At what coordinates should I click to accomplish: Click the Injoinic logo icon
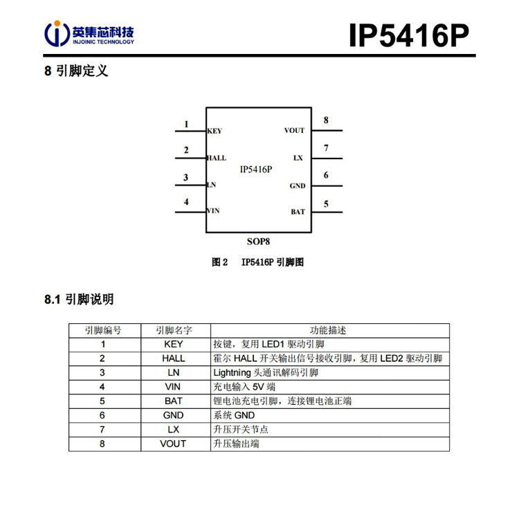pyautogui.click(x=57, y=33)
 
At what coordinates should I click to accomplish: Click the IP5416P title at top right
pyautogui.click(x=409, y=35)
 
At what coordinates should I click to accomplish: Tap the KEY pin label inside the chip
pyautogui.click(x=215, y=131)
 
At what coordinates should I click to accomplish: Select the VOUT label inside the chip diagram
pyautogui.click(x=294, y=130)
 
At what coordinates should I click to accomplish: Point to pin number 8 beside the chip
pyautogui.click(x=326, y=120)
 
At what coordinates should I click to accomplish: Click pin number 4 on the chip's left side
pyautogui.click(x=186, y=201)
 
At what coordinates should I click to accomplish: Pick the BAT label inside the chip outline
pyautogui.click(x=298, y=212)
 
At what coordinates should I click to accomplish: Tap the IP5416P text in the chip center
pyautogui.click(x=256, y=170)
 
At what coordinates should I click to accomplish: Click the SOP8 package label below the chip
pyautogui.click(x=259, y=242)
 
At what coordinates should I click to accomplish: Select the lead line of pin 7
pyautogui.click(x=327, y=158)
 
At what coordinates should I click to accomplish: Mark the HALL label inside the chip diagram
pyautogui.click(x=217, y=158)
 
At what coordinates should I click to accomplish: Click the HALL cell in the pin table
pyautogui.click(x=174, y=358)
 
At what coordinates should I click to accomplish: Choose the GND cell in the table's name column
pyautogui.click(x=174, y=415)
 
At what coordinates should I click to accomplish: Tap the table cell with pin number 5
pyautogui.click(x=102, y=401)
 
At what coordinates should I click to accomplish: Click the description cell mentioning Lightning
pyautogui.click(x=330, y=373)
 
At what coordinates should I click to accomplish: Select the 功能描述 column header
pyautogui.click(x=328, y=330)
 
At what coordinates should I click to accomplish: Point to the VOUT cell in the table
pyautogui.click(x=173, y=444)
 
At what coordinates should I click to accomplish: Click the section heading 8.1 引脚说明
pyautogui.click(x=79, y=299)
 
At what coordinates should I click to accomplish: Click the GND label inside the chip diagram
pyautogui.click(x=298, y=186)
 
